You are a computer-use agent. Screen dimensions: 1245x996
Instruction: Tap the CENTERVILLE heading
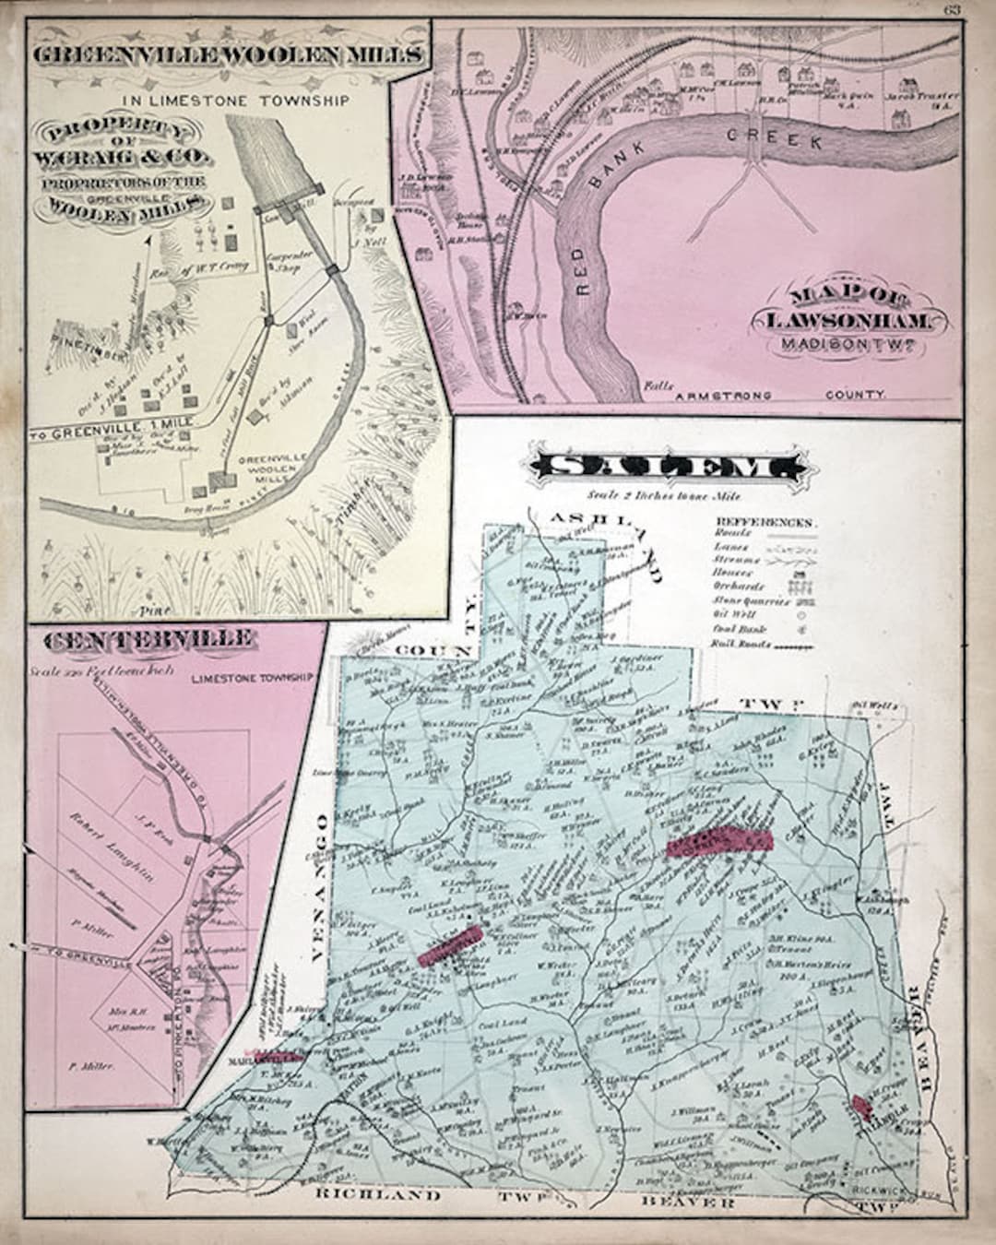(143, 639)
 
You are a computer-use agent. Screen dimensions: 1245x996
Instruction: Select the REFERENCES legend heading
(765, 522)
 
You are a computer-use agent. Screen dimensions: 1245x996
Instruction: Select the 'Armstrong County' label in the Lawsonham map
(781, 394)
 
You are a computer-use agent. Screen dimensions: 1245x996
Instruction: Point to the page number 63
(952, 10)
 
